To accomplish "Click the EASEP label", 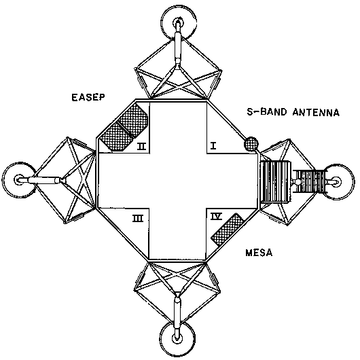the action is (88, 97).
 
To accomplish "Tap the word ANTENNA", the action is (316, 113).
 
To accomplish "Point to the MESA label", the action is (259, 253).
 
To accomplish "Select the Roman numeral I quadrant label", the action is (213, 145).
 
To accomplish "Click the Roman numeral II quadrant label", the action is (142, 146).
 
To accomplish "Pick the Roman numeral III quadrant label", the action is (138, 218).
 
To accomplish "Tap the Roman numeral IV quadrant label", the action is (216, 216).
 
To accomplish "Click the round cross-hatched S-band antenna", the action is (251, 144).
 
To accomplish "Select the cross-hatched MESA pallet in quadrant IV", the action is (228, 230).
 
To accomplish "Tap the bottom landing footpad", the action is (177, 338).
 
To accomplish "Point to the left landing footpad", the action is (19, 180).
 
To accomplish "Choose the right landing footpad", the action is (337, 182).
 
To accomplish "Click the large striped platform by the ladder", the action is (275, 182).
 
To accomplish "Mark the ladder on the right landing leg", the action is (310, 181).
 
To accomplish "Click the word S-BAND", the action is (267, 112).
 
